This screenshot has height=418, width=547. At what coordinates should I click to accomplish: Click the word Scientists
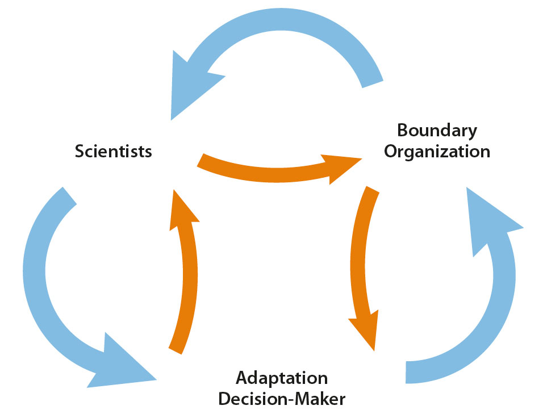coord(114,152)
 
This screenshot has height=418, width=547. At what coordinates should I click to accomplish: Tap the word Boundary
coord(437,130)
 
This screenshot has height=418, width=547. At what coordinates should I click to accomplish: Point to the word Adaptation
coord(282,377)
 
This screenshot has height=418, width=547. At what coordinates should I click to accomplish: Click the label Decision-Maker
coord(282,399)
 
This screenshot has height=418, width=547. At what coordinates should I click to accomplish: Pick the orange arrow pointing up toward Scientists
coord(185,273)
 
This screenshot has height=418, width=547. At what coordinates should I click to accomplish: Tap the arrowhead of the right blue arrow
coord(488,221)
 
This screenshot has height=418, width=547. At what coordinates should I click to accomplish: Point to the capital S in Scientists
coord(80,152)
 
